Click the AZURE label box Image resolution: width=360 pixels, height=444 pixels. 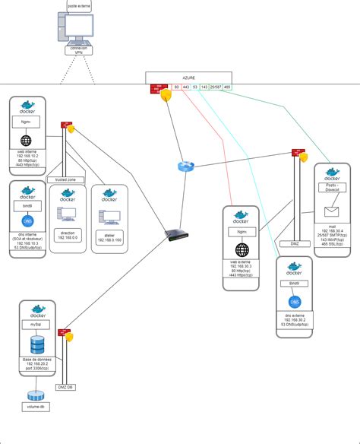[190, 78]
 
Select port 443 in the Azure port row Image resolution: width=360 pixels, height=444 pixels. [186, 88]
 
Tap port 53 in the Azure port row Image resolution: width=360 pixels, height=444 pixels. [195, 88]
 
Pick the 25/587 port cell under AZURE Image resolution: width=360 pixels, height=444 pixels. [215, 88]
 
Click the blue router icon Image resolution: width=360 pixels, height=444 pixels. [186, 166]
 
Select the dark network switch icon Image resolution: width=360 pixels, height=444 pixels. [175, 236]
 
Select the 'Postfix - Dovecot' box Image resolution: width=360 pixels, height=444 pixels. [331, 188]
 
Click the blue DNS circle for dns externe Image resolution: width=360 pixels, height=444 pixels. [293, 299]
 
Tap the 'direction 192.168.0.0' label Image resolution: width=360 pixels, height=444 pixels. [67, 236]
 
